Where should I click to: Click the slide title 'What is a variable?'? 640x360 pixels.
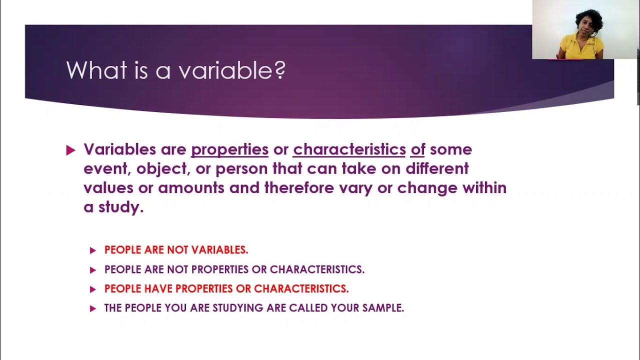pyautogui.click(x=175, y=70)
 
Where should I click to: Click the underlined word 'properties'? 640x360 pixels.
pyautogui.click(x=229, y=149)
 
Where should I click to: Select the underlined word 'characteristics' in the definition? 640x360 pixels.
pyautogui.click(x=349, y=149)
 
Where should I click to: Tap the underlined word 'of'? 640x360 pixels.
pyautogui.click(x=417, y=149)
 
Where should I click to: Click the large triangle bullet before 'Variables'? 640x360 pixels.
pyautogui.click(x=70, y=150)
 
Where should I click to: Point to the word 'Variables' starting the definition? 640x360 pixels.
pyautogui.click(x=119, y=149)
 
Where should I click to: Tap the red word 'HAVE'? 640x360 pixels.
pyautogui.click(x=158, y=289)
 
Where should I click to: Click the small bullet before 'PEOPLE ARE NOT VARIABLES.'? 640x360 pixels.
pyautogui.click(x=92, y=250)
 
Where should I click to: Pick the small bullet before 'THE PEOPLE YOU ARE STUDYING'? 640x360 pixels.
pyautogui.click(x=92, y=309)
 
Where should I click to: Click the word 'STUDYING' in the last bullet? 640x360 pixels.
pyautogui.click(x=238, y=308)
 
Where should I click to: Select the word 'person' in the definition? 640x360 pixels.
pyautogui.click(x=242, y=168)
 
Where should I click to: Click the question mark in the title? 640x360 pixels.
pyautogui.click(x=280, y=70)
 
